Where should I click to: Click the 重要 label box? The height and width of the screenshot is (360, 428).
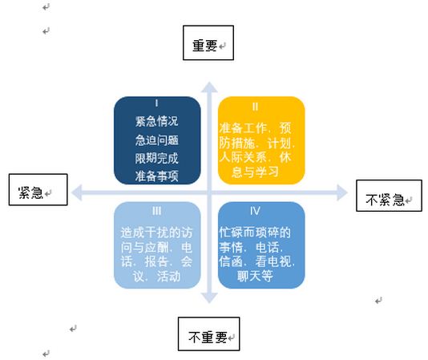point(208,42)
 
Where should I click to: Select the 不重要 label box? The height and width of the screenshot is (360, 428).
point(209,334)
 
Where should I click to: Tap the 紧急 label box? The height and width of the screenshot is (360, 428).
point(38,189)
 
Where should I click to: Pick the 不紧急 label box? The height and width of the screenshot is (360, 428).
point(389,196)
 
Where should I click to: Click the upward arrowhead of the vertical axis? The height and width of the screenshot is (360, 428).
point(209,87)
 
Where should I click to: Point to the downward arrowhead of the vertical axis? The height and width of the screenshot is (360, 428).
point(209,297)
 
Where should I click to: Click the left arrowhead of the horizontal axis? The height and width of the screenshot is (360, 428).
point(77,192)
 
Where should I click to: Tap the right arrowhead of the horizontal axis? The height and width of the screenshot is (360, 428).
point(342,192)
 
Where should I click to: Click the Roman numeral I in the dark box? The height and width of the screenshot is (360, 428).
point(156,103)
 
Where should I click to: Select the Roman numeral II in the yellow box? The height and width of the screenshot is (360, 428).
point(255,107)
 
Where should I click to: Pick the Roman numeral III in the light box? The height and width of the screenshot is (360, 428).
point(156,211)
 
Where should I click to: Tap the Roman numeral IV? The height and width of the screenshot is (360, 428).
point(255,211)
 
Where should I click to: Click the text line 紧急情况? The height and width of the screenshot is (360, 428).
point(156,121)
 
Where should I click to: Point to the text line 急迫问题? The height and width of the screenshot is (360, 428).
point(156,140)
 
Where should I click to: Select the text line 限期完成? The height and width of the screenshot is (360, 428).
point(156,158)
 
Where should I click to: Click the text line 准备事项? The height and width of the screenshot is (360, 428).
point(156,176)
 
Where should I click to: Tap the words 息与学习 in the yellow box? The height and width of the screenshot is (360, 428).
point(255,172)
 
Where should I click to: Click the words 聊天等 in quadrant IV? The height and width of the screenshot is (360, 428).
point(255,276)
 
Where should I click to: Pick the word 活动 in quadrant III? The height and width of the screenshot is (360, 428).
point(168,276)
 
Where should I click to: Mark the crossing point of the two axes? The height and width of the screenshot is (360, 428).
point(209,192)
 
